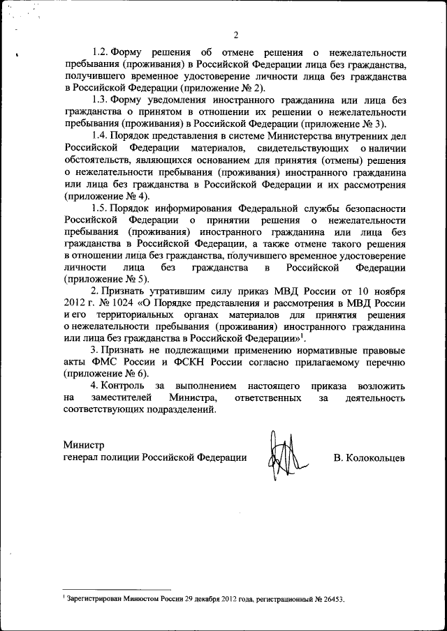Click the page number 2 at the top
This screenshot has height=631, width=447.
click(236, 36)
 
